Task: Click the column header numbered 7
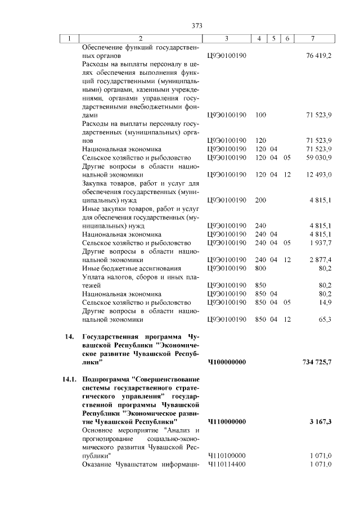(313, 39)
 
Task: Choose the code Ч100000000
(227, 362)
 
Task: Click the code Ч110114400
(226, 464)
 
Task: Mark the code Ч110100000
(226, 456)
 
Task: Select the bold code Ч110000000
(227, 421)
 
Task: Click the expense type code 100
(260, 115)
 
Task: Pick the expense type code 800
(260, 268)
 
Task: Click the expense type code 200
(260, 200)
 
